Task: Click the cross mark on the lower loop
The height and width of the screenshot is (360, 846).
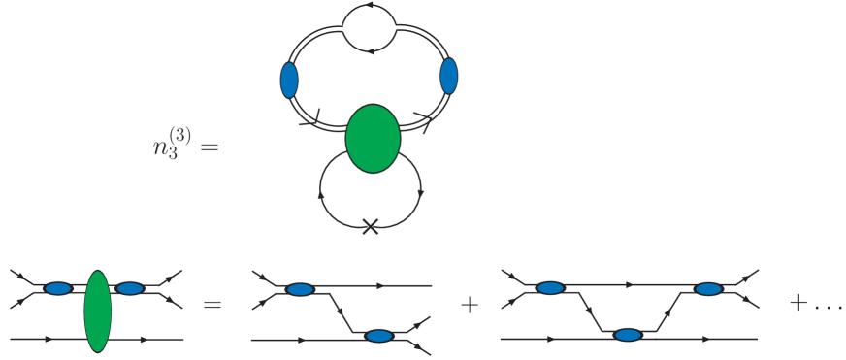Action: tap(370, 226)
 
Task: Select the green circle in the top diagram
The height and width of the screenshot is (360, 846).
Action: tap(373, 140)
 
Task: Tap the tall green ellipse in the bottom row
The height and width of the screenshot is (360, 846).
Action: tap(98, 311)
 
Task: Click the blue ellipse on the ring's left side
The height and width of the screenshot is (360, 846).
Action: tap(289, 80)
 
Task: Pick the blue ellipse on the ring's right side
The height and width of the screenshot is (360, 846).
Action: tap(448, 77)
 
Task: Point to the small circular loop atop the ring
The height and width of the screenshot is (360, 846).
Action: tap(370, 28)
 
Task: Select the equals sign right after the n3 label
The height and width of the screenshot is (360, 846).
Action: tap(211, 149)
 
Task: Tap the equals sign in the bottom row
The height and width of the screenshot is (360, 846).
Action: tap(211, 305)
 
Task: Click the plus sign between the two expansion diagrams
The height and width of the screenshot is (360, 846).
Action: tap(471, 305)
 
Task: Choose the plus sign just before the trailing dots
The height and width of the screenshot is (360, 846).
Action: tap(798, 303)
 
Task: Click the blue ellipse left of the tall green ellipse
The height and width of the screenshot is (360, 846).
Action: tap(58, 288)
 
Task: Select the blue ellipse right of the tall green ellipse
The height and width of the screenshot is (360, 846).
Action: tap(129, 288)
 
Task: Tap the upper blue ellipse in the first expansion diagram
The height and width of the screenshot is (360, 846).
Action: tap(300, 288)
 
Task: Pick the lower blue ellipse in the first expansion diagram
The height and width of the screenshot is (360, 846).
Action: tap(378, 337)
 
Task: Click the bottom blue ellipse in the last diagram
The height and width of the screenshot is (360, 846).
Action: tap(628, 335)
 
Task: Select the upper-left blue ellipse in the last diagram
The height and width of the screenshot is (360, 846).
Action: tap(550, 288)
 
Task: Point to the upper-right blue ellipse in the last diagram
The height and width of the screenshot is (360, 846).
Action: tap(708, 288)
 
